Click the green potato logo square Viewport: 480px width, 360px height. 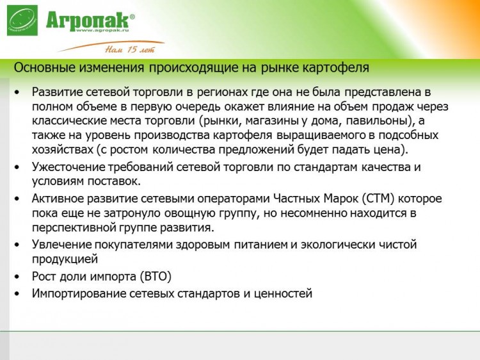pyautogui.click(x=22, y=20)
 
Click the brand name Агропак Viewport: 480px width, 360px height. pyautogui.click(x=87, y=20)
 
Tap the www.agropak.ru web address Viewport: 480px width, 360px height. pyautogui.click(x=102, y=30)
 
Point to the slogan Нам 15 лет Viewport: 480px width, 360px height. pyautogui.click(x=131, y=49)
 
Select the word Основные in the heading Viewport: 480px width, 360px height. pyautogui.click(x=45, y=67)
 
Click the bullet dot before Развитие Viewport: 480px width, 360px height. pyautogui.click(x=17, y=92)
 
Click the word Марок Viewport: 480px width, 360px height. pyautogui.click(x=340, y=199)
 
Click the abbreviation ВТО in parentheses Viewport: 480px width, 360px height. pyautogui.click(x=156, y=276)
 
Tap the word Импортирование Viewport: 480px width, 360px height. pyautogui.click(x=79, y=293)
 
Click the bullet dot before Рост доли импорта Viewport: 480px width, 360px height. pyautogui.click(x=17, y=277)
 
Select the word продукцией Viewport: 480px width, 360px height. pyautogui.click(x=65, y=259)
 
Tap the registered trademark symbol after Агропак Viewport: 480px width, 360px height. pyautogui.click(x=132, y=17)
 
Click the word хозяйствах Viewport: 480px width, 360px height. pyautogui.click(x=63, y=150)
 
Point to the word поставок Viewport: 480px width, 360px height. pyautogui.click(x=114, y=181)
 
